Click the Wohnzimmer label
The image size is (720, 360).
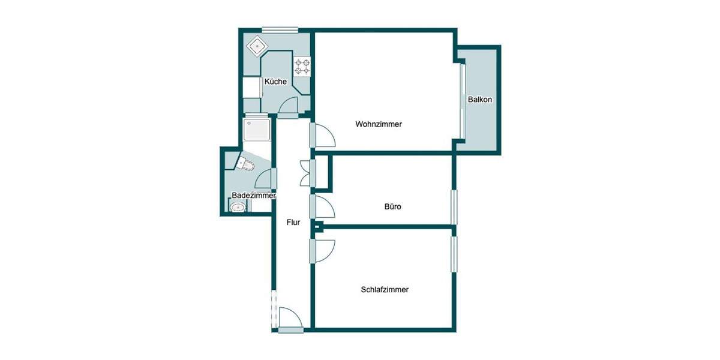378,124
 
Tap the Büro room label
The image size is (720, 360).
392,206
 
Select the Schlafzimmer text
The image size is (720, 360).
385,289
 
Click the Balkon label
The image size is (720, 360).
480,100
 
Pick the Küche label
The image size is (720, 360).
275,82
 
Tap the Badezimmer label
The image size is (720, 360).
253,196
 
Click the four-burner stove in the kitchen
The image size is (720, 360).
302,65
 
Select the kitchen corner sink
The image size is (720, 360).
258,45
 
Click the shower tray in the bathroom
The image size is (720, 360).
257,129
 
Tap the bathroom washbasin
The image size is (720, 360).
238,208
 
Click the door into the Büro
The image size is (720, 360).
323,208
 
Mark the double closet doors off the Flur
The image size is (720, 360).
305,173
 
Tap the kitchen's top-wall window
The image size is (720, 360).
280,29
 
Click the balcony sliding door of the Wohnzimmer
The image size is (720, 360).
463,100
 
